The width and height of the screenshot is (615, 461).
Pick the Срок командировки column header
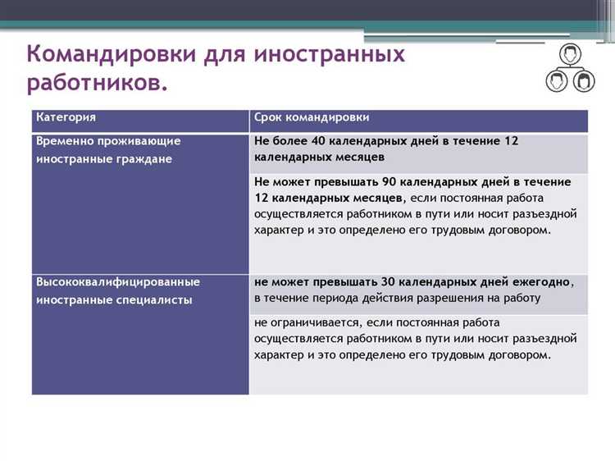[312, 118]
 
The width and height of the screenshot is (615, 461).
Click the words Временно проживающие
[107, 141]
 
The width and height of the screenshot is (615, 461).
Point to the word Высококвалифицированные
[118, 281]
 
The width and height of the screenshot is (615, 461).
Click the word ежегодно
[544, 281]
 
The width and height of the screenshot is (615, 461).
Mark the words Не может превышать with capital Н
[312, 180]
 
